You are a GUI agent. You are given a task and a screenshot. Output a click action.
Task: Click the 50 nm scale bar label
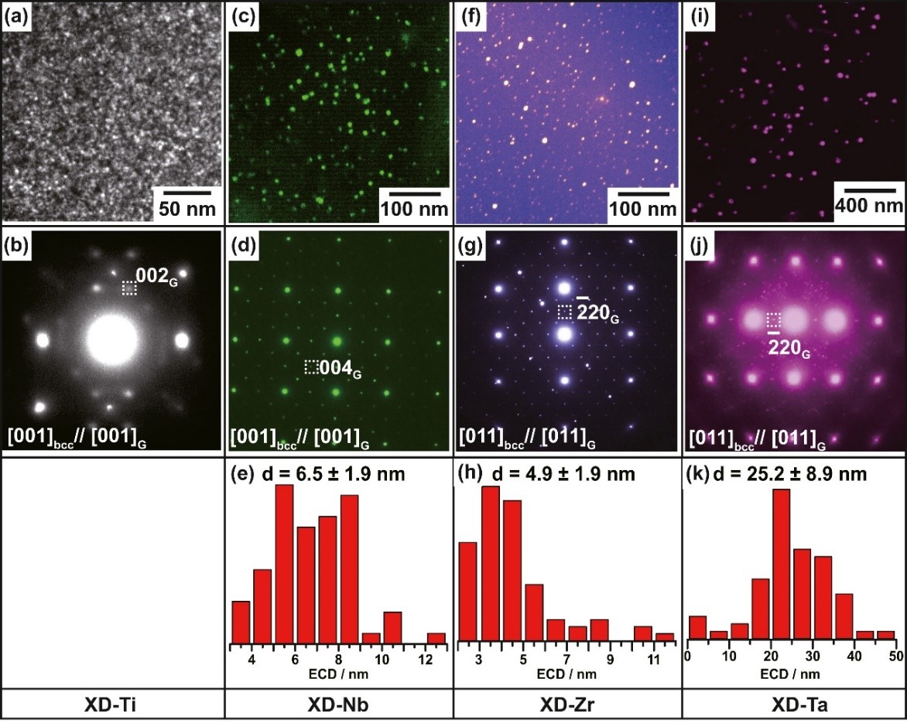point(187,209)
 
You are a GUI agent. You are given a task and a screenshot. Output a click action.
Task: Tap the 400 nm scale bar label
point(868,205)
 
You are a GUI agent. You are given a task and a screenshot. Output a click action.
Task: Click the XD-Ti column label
point(111,705)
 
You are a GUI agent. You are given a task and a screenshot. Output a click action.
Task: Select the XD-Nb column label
point(339,705)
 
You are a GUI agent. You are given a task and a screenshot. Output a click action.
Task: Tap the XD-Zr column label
point(567,705)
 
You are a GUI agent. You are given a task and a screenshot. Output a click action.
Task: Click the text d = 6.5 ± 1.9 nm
point(331,474)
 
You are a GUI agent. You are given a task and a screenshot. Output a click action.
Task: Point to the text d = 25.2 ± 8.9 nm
point(791,474)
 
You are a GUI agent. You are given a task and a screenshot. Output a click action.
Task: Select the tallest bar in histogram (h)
point(491,564)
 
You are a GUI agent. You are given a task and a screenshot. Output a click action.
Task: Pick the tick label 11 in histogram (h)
point(654,660)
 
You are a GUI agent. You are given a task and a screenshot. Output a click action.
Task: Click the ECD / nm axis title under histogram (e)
point(339,674)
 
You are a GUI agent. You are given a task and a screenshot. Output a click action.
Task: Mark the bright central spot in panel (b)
point(112,339)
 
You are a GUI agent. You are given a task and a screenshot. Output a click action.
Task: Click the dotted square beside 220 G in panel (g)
point(565,312)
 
